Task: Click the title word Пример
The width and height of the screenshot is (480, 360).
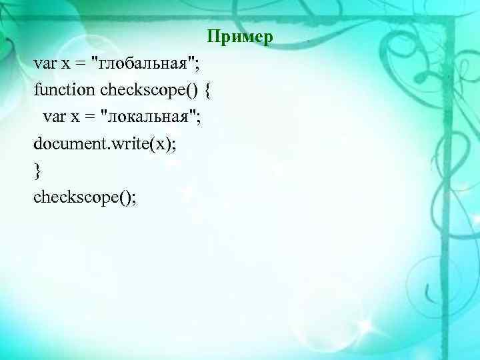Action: pos(239,36)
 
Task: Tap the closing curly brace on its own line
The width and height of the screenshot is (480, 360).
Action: pos(37,171)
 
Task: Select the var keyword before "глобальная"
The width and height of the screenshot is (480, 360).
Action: pos(45,63)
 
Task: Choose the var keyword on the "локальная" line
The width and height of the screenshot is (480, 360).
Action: pos(55,118)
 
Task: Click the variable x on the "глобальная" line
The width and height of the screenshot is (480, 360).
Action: pos(65,64)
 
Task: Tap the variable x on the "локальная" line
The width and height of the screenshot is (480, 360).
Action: pos(75,119)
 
